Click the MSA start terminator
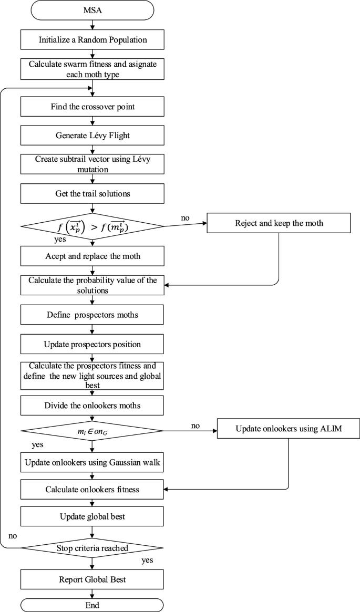[92, 10]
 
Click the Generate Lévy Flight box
[92, 135]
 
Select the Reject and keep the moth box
[278, 222]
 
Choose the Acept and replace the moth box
[92, 256]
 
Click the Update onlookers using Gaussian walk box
[92, 463]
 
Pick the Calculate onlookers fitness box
[92, 490]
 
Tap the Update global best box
[92, 517]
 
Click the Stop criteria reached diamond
[92, 548]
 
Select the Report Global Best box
[92, 579]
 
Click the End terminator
[92, 605]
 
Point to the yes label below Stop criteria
[147, 561]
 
